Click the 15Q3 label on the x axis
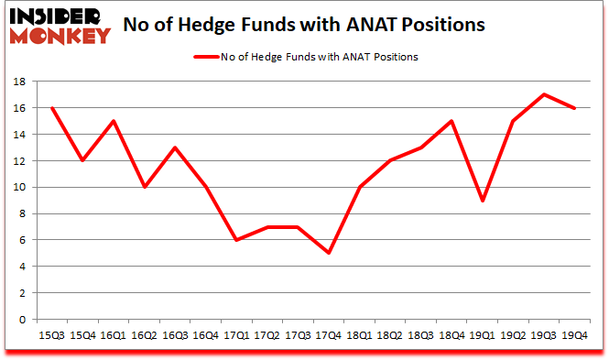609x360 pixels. pos(53,337)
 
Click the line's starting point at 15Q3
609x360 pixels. pos(53,108)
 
